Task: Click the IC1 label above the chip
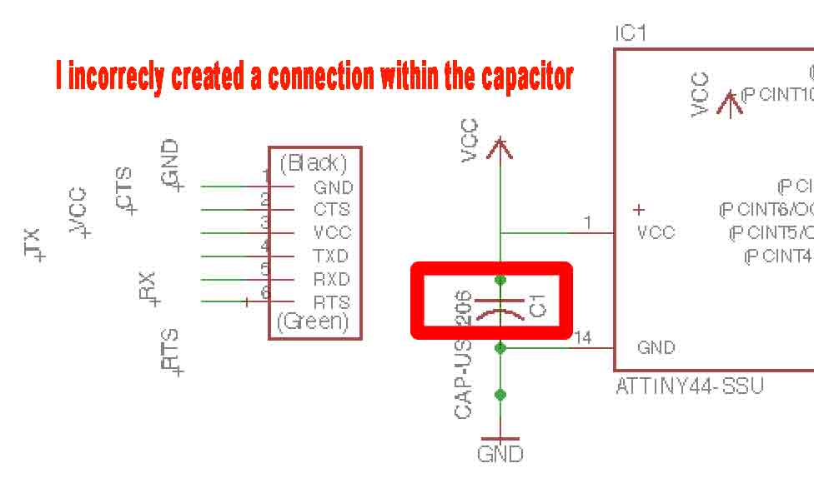631,34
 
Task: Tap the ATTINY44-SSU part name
688,386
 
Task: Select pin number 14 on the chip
583,337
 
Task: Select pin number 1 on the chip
587,222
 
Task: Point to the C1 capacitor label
537,306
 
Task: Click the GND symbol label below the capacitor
500,454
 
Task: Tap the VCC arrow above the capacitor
500,148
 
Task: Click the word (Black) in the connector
314,163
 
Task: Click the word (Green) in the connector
314,322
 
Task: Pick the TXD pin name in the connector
332,256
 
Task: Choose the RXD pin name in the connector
332,279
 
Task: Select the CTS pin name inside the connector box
332,210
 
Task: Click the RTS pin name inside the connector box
332,302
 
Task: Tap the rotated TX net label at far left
33,242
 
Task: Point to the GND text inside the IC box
656,348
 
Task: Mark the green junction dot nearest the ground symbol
500,395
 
